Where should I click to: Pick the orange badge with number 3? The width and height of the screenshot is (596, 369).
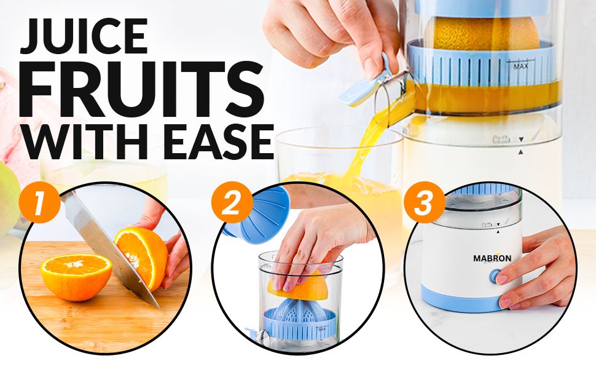[422, 204]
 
